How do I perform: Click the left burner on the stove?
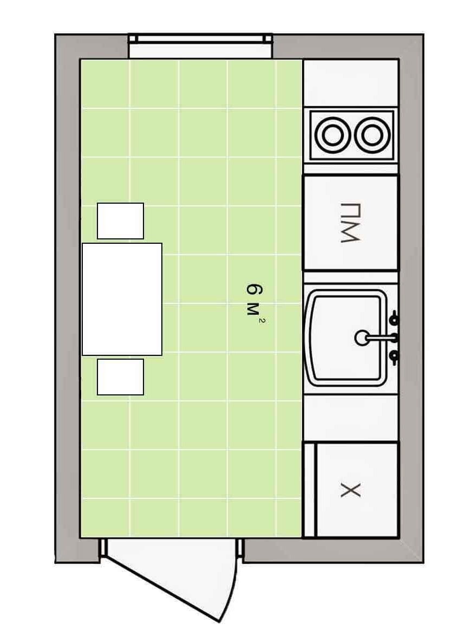coord(332,135)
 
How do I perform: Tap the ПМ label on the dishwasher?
coord(350,222)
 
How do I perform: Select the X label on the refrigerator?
coord(350,490)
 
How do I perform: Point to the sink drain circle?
coord(362,338)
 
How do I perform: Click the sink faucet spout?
coord(379,338)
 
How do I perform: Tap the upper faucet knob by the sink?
coord(394,318)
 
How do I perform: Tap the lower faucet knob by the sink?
coord(394,358)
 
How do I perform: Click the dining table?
coord(122,299)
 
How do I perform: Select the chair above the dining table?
coord(120,220)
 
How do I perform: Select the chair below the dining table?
coord(120,377)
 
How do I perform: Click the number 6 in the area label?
coord(254,289)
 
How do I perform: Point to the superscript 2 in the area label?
coord(261,320)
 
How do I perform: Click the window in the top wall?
coord(200,39)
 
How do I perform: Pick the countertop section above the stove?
coord(351,83)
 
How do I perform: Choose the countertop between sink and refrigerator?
coord(351,418)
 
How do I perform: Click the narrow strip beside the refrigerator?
coord(310,490)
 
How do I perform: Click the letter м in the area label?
coord(253,309)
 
